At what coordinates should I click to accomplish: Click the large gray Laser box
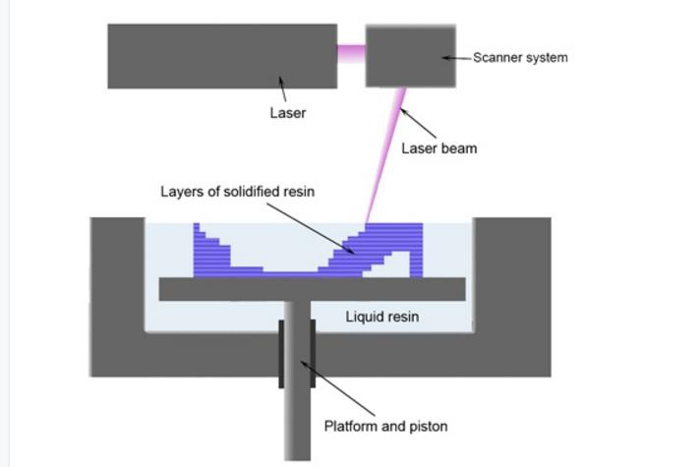(x=222, y=56)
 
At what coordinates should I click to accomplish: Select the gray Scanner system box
(x=411, y=56)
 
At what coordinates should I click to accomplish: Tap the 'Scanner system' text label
(x=519, y=58)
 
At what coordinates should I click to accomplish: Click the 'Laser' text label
(x=287, y=113)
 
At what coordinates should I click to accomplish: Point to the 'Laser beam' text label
(x=439, y=149)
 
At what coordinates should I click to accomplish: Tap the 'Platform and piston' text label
(x=385, y=426)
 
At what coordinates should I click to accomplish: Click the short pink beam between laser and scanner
(x=351, y=52)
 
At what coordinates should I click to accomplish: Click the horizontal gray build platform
(x=311, y=289)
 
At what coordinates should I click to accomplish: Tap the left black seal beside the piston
(x=282, y=352)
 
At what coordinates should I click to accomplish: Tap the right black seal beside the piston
(x=312, y=352)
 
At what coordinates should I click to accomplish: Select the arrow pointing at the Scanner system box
(x=456, y=58)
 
